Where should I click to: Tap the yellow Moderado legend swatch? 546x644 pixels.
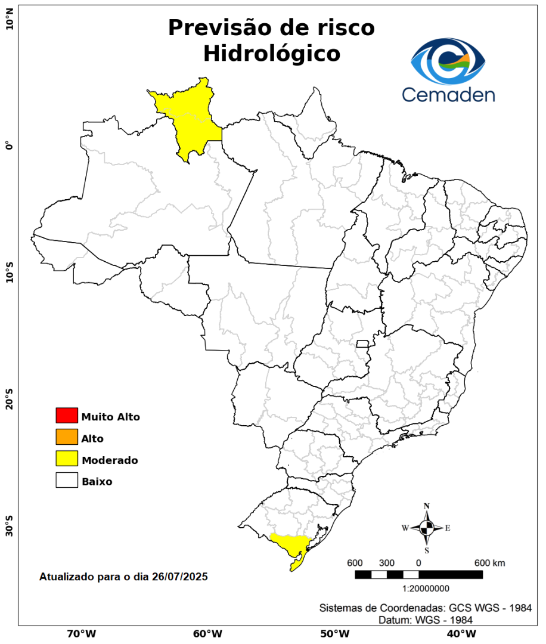67,459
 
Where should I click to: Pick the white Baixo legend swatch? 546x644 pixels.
67,480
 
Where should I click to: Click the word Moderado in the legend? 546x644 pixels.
110,460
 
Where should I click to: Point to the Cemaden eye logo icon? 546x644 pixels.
448,61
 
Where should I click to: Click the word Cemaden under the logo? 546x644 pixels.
448,94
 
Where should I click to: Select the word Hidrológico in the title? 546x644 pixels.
271,54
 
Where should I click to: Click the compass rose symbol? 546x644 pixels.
427,528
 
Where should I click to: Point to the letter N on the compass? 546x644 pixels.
427,506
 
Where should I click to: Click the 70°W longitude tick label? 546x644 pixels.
81,633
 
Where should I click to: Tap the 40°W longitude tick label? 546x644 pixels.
460,633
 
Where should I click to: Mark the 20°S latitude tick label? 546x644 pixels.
10,400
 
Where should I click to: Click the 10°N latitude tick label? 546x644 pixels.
10,23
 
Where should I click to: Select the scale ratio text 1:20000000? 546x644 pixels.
426,589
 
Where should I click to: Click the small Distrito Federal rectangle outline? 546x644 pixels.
362,343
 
